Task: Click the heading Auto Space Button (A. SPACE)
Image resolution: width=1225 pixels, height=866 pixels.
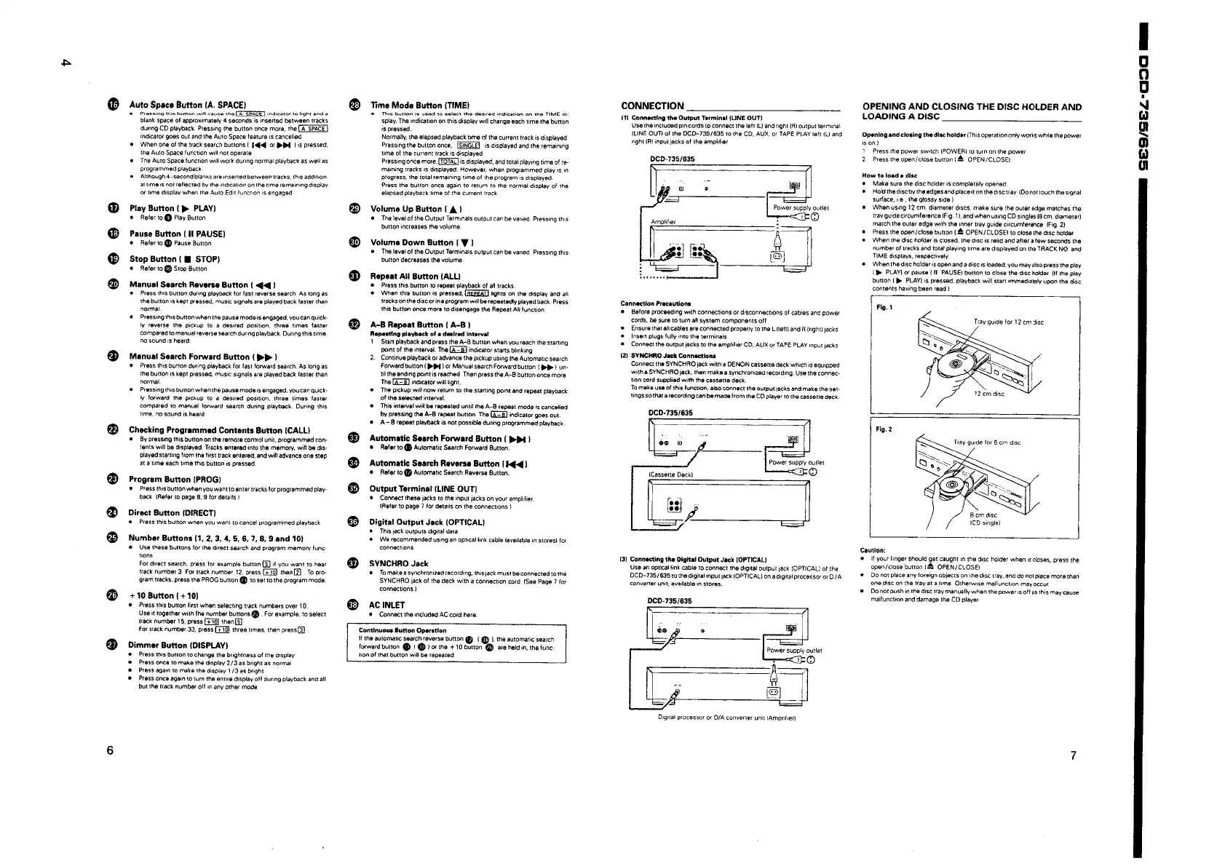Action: point(187,105)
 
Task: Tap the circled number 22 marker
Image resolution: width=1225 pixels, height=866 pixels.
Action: point(112,431)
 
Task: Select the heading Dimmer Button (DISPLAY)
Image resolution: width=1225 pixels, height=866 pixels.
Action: point(178,645)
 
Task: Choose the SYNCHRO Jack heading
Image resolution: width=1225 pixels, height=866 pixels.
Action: point(399,563)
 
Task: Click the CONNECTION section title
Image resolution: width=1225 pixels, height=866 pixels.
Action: point(651,106)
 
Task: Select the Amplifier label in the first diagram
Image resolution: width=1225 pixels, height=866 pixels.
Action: point(665,221)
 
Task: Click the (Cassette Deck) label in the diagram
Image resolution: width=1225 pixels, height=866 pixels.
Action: point(670,474)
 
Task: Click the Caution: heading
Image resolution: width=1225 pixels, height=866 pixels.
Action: point(873,550)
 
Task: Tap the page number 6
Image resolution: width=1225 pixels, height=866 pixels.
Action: point(109,751)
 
